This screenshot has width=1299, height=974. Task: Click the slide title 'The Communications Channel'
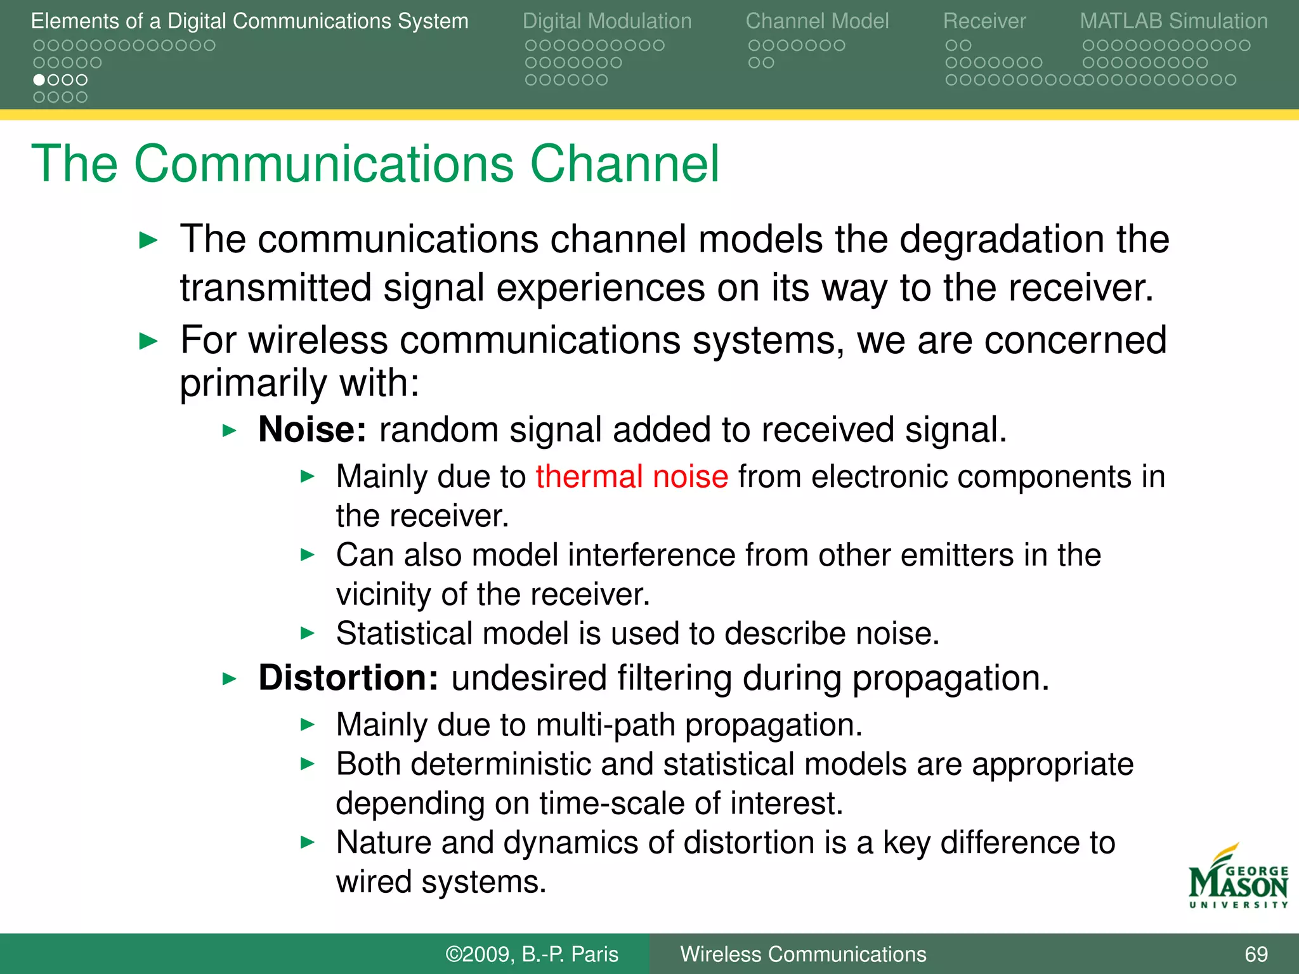pyautogui.click(x=375, y=164)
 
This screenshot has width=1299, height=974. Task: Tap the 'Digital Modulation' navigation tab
pyautogui.click(x=606, y=21)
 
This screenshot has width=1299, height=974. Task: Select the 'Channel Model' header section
pyautogui.click(x=817, y=21)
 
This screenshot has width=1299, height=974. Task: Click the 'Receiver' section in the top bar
pyautogui.click(x=984, y=21)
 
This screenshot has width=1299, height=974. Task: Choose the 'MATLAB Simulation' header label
pyautogui.click(x=1173, y=21)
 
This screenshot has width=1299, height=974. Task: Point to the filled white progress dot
pyautogui.click(x=39, y=80)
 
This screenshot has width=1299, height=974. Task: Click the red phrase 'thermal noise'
pyautogui.click(x=632, y=477)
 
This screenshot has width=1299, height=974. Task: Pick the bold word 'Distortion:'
pyautogui.click(x=348, y=678)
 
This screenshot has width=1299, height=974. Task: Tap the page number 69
pyautogui.click(x=1256, y=954)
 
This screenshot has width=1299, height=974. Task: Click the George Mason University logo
pyautogui.click(x=1237, y=878)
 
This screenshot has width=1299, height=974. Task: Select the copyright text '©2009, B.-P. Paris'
pyautogui.click(x=532, y=954)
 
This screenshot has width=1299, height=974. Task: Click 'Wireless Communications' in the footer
pyautogui.click(x=803, y=954)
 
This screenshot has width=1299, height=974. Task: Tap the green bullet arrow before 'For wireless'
pyautogui.click(x=148, y=342)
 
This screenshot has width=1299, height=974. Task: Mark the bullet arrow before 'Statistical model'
pyautogui.click(x=308, y=633)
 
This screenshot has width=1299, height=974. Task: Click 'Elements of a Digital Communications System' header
pyautogui.click(x=249, y=21)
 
